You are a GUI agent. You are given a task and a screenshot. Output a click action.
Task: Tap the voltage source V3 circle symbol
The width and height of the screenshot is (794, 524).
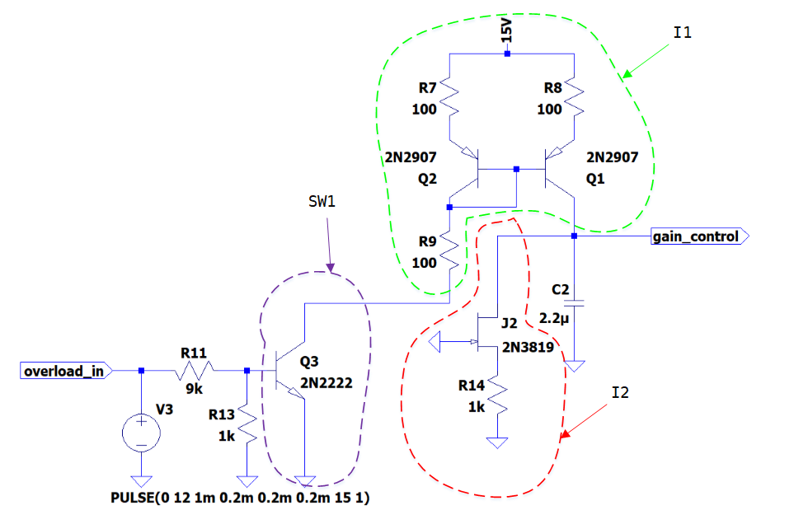[x=141, y=433]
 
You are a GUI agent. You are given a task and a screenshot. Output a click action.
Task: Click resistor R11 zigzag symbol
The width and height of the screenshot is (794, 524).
[x=195, y=371]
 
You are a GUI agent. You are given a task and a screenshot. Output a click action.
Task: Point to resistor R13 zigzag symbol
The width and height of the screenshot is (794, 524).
[x=247, y=423]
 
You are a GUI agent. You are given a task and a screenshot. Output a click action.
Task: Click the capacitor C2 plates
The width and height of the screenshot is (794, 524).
[x=574, y=303]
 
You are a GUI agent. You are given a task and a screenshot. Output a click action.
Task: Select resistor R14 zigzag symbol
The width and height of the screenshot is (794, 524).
[x=497, y=395]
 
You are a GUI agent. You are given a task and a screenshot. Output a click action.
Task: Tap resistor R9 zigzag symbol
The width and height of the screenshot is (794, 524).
[x=449, y=251]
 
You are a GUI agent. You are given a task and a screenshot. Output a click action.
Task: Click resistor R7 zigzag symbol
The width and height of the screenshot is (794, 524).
[x=449, y=97]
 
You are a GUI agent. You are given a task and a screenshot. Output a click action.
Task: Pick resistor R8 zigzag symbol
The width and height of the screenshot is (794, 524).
[x=574, y=97]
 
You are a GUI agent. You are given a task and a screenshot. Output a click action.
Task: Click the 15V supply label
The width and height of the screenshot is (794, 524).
[x=507, y=30]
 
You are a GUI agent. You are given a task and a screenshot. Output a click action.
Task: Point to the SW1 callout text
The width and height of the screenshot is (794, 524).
[x=322, y=202]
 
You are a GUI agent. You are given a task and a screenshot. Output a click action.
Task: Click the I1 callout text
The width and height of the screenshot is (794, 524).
[x=683, y=33]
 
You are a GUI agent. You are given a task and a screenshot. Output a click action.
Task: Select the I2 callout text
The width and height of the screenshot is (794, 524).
[x=620, y=392]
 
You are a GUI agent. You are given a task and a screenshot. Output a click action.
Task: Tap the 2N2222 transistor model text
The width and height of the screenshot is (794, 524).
[x=327, y=383]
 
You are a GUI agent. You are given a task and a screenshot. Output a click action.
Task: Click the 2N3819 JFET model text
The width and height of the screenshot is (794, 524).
[x=529, y=347]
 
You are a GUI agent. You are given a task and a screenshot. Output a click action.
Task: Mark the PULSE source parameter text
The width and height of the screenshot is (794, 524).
[x=240, y=498]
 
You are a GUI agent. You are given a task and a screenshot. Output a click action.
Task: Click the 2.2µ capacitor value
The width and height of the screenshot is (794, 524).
[x=554, y=319]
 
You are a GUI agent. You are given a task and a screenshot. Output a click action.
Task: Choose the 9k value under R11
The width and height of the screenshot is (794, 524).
[x=194, y=389]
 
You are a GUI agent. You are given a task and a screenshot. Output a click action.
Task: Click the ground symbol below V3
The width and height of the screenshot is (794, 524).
[x=141, y=481]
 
